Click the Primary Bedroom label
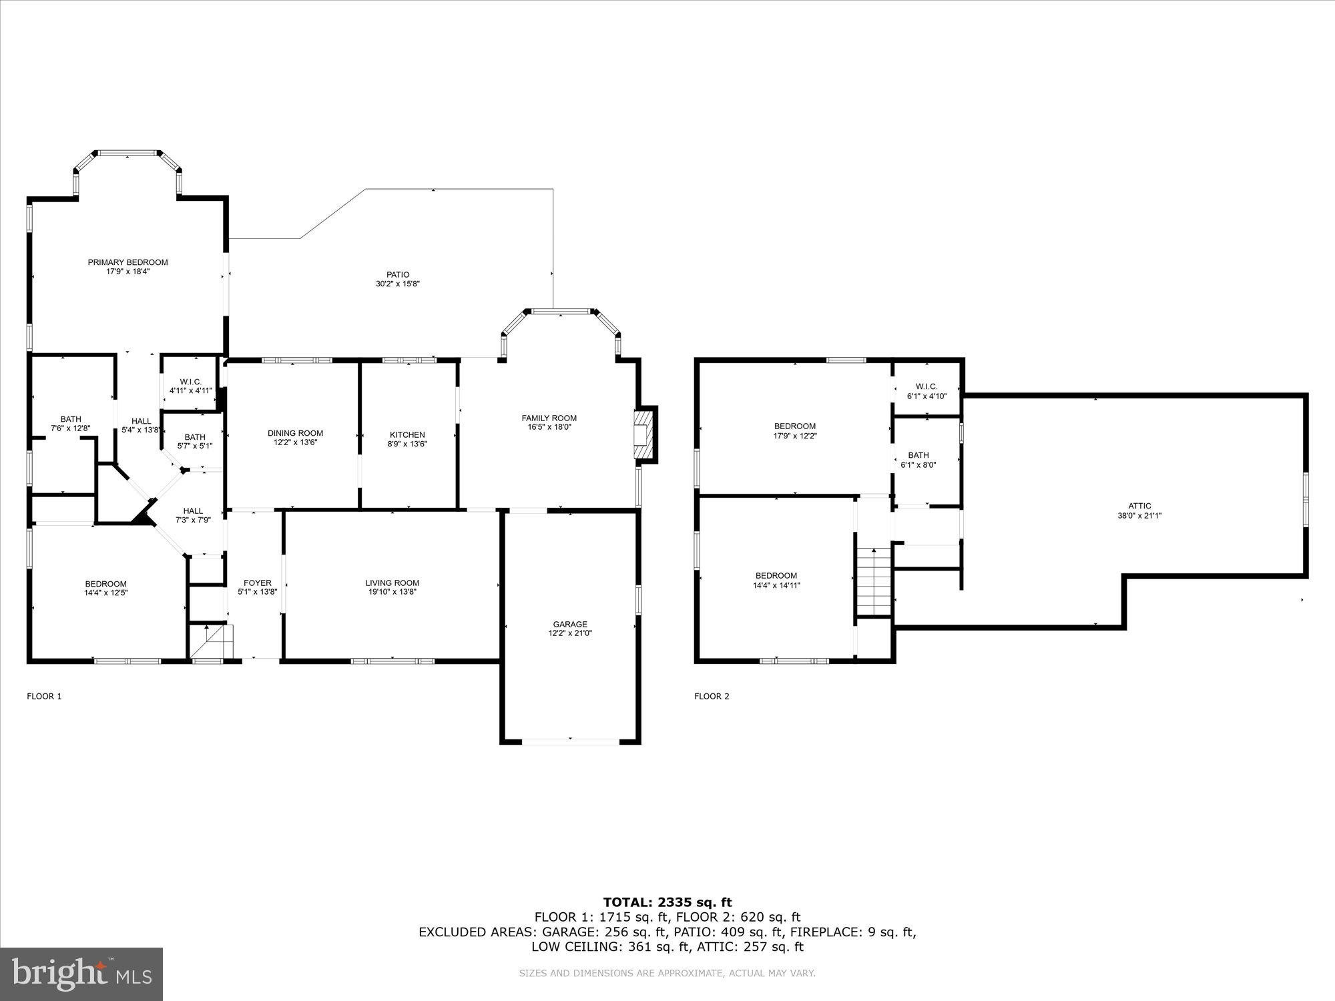[x=127, y=262]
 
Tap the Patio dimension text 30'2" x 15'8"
[x=397, y=284]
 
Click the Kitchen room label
[x=407, y=434]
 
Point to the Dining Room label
[x=295, y=433]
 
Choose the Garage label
[x=570, y=624]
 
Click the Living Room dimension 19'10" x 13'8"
[x=392, y=592]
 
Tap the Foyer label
[x=258, y=583]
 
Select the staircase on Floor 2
[x=874, y=581]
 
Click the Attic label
[x=1139, y=506]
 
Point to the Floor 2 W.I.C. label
[x=926, y=386]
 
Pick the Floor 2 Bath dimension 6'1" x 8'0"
[x=918, y=464]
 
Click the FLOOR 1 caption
[x=44, y=696]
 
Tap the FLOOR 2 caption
[x=712, y=696]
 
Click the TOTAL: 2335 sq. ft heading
[x=667, y=902]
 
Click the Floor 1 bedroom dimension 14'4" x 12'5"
[x=105, y=593]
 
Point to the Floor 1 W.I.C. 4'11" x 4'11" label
[x=190, y=390]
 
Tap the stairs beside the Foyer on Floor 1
[x=212, y=641]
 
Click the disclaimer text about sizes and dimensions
[x=667, y=974]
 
